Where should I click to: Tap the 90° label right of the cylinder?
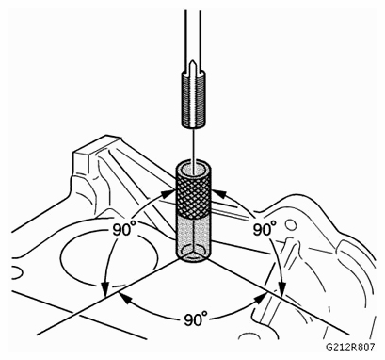click(x=268, y=229)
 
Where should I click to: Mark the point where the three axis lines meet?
click(x=194, y=264)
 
